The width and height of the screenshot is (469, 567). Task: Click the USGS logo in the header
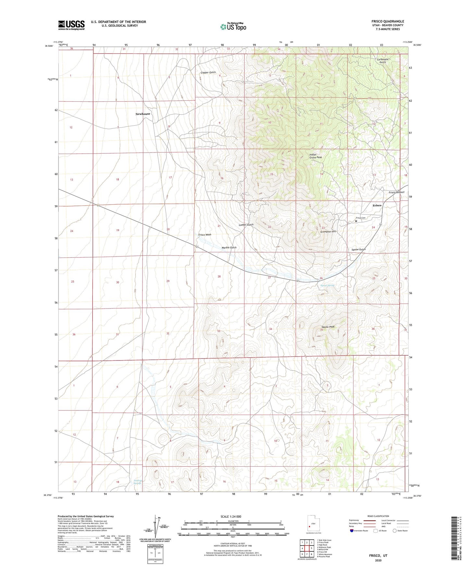coord(71,25)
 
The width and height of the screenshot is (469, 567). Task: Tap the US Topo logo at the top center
coord(233,27)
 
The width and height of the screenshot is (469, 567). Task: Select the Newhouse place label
coord(143,114)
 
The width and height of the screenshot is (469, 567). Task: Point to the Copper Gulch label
coord(208,72)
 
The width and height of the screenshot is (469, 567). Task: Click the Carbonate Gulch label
coord(383,61)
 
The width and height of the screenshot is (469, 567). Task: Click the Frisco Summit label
coord(396,192)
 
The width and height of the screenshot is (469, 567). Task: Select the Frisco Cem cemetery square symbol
coord(356,221)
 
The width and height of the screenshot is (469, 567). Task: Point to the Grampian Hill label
coord(328,232)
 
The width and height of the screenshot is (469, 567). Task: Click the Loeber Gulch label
coord(246,225)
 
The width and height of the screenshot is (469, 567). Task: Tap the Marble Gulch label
coord(229,247)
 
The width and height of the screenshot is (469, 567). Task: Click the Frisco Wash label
coord(205,234)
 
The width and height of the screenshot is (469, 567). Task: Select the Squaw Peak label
coord(327,327)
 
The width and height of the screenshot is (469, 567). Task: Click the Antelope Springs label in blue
coord(138,482)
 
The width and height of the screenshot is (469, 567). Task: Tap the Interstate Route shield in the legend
coord(352,531)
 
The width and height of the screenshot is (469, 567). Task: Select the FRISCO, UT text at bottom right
coord(378,556)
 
